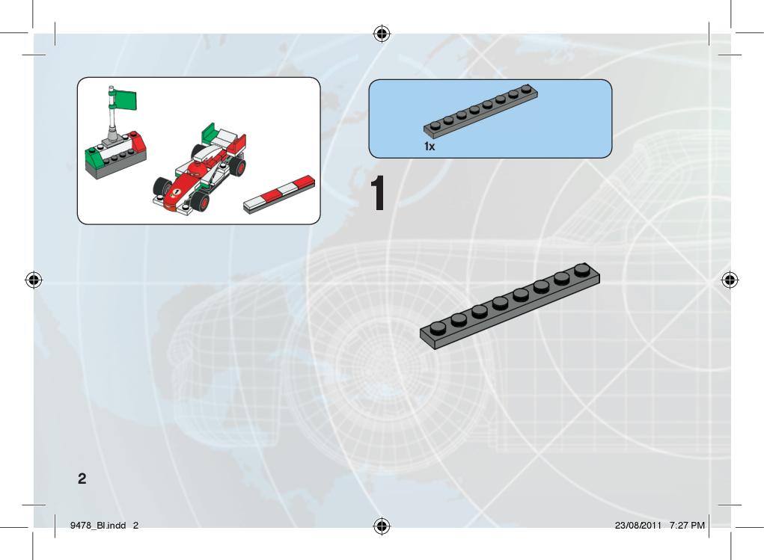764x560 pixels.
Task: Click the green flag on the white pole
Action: click(125, 100)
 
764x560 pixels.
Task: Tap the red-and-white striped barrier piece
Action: click(279, 194)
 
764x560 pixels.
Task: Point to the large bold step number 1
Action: click(378, 194)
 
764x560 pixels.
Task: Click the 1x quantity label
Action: click(430, 146)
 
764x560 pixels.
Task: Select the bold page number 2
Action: click(82, 479)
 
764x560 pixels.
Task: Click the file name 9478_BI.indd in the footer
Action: click(98, 526)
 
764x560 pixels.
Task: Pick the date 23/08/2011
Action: click(638, 526)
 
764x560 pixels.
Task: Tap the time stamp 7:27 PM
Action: click(687, 526)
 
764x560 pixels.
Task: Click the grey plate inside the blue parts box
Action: click(480, 111)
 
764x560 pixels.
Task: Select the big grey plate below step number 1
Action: click(510, 307)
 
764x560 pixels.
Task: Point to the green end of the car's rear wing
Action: click(208, 131)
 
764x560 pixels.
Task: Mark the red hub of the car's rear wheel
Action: click(239, 166)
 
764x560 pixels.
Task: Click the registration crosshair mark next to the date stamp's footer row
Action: click(382, 526)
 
